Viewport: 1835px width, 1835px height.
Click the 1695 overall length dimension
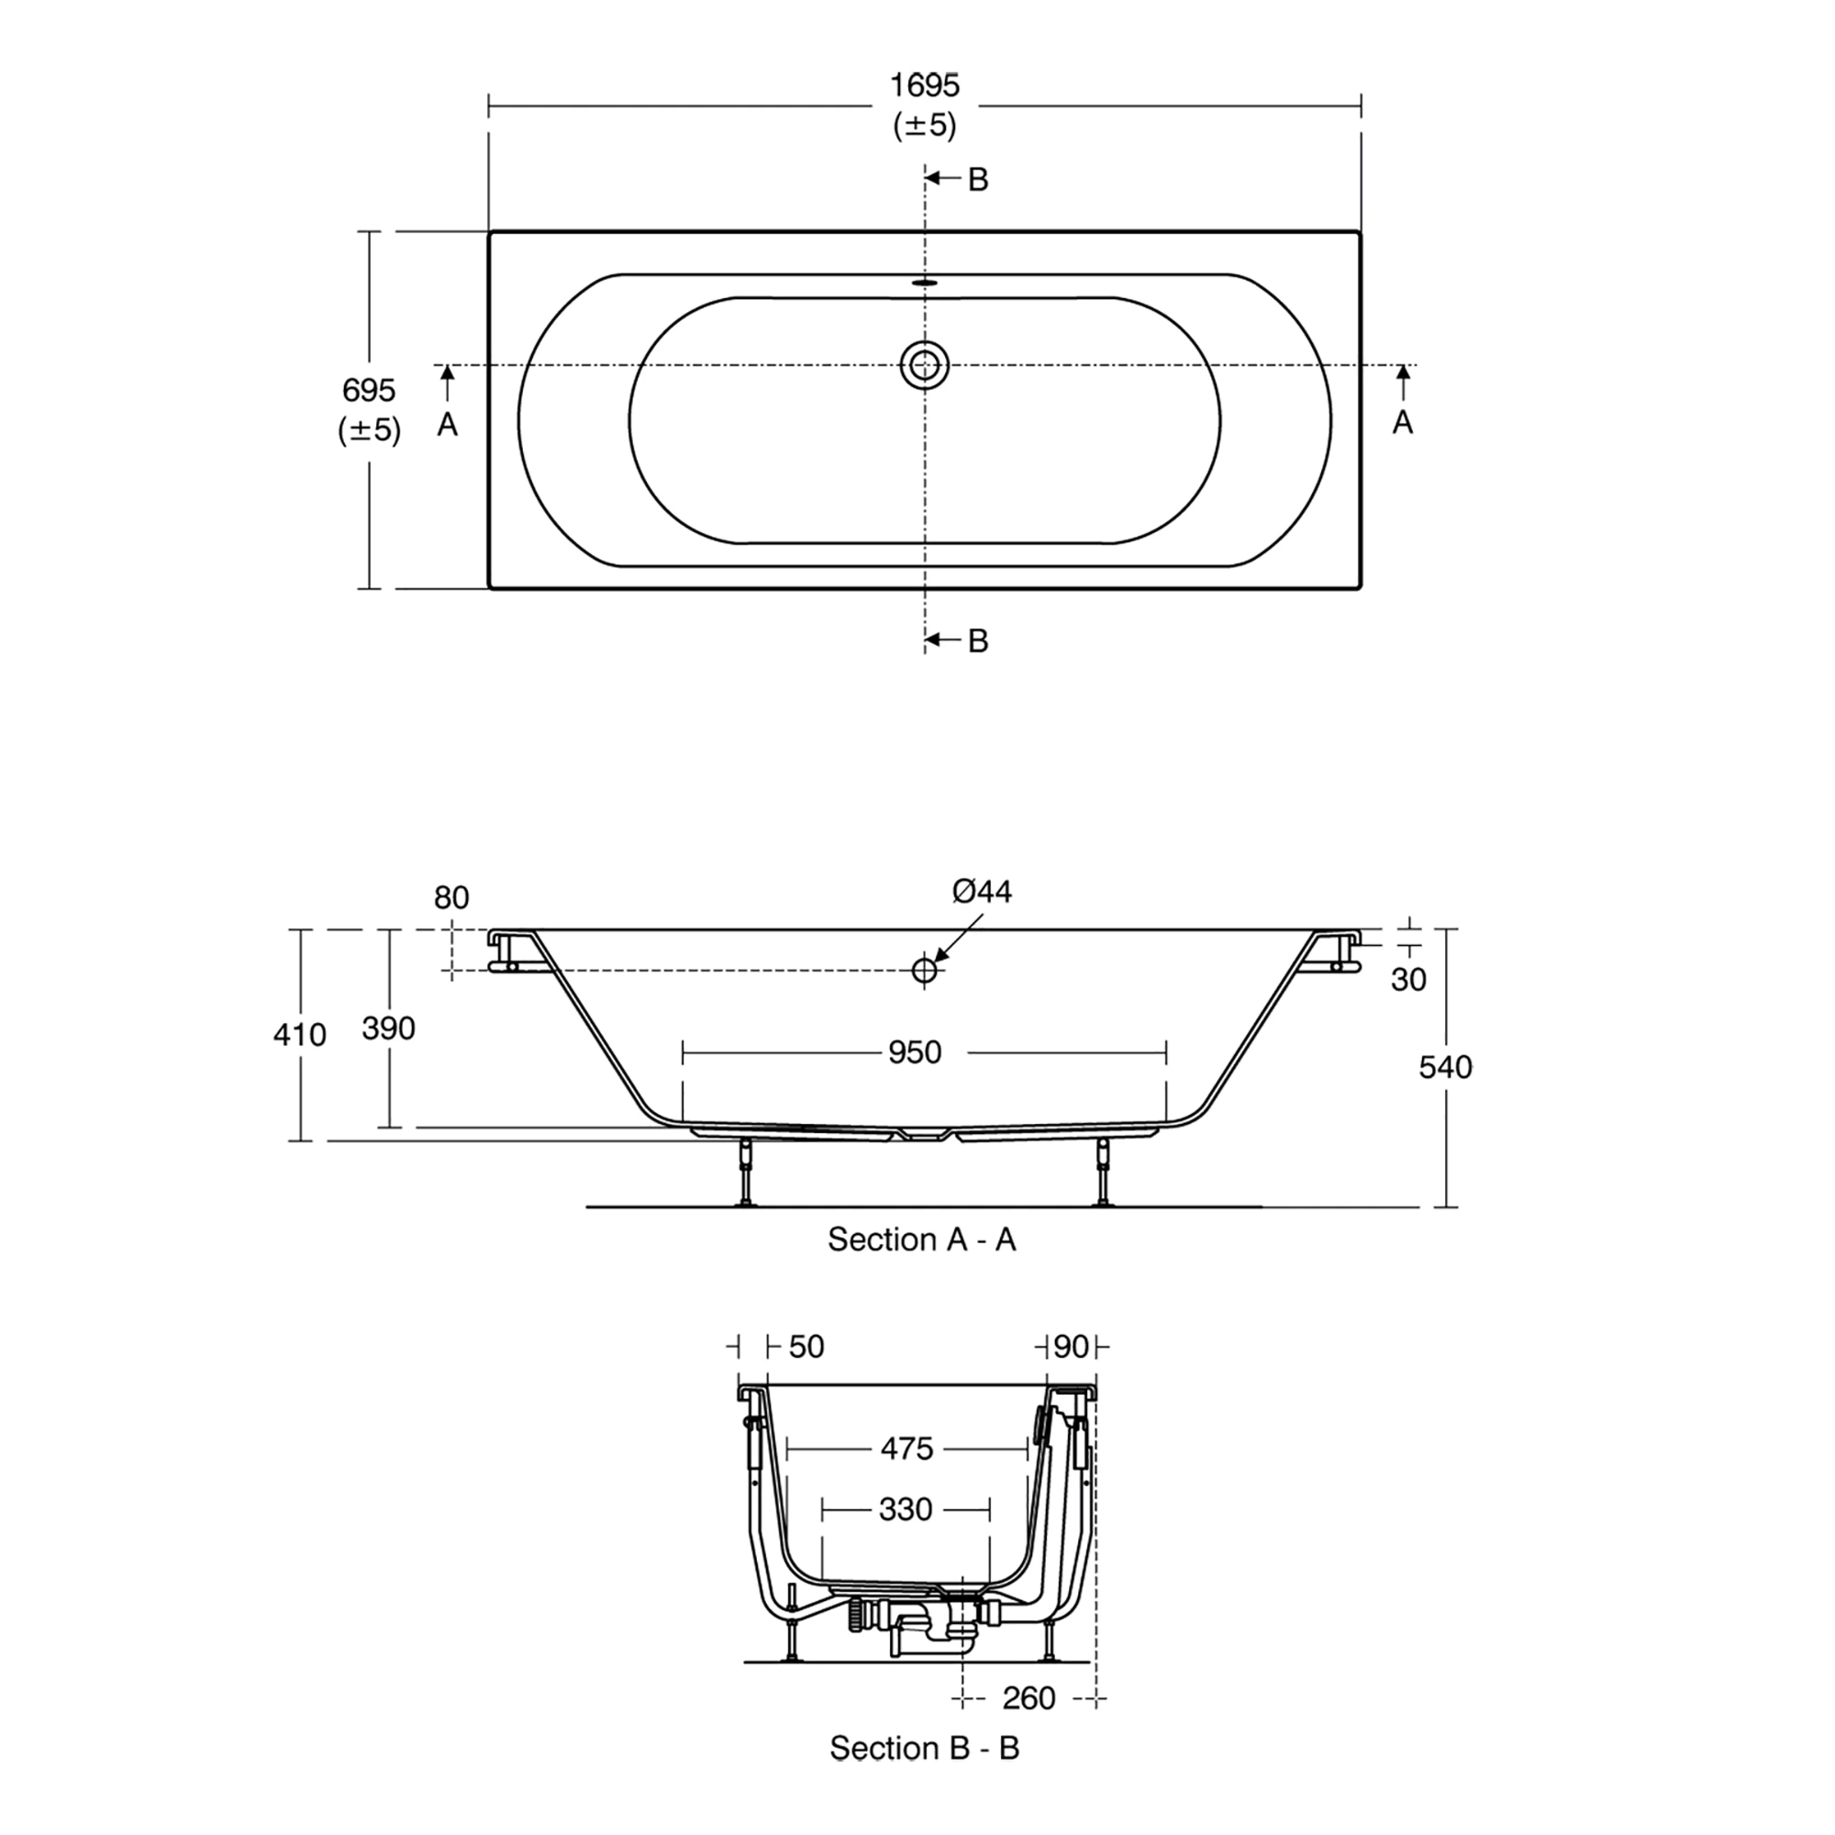924,86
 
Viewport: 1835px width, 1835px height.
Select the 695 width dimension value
369,390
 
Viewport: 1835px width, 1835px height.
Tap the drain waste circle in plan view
924,365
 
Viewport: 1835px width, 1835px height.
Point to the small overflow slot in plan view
924,282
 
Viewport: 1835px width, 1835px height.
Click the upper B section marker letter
978,180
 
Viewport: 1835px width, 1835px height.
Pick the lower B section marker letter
978,641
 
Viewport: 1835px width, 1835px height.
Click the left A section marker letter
448,425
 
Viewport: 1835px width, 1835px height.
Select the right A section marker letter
1403,423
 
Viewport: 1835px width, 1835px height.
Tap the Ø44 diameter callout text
982,891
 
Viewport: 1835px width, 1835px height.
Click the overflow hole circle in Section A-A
924,971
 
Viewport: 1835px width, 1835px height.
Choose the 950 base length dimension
915,1052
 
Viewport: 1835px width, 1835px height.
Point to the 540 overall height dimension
1445,1068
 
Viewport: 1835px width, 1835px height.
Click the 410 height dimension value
299,1034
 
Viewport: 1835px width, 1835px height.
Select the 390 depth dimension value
388,1028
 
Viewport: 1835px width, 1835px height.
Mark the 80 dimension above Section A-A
451,897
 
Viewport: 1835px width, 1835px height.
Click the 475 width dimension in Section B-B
907,1449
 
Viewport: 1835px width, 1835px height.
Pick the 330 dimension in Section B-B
906,1509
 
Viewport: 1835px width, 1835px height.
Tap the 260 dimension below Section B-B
1029,1698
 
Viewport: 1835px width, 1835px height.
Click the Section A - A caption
921,1240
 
